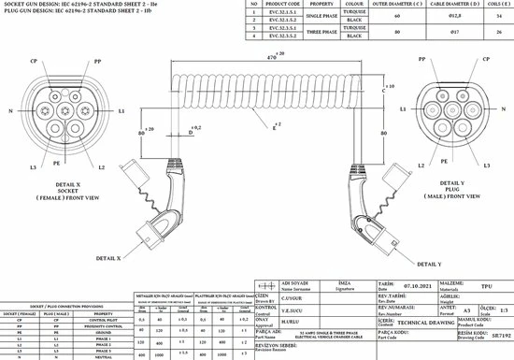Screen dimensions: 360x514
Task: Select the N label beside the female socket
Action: coord(9,110)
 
